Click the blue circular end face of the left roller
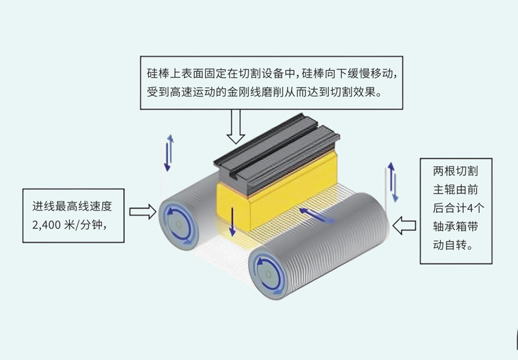tap(177, 221)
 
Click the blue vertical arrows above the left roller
tap(169, 153)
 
